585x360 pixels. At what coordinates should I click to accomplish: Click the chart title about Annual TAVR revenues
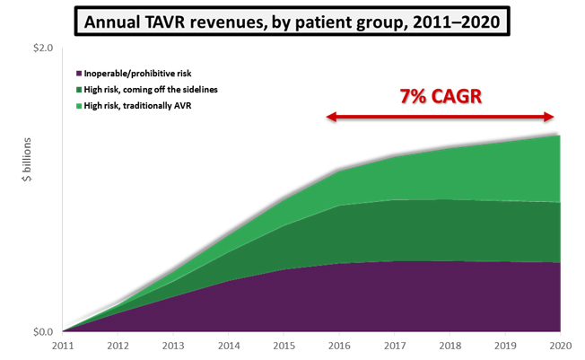point(292,19)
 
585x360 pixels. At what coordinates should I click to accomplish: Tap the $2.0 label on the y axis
point(41,47)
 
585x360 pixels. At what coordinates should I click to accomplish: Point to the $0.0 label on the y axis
point(41,332)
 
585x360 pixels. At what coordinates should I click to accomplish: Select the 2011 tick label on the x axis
point(64,347)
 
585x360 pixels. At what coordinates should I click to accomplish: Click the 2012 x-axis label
point(118,347)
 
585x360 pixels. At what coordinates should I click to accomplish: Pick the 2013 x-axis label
point(173,347)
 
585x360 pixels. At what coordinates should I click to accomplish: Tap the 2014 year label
point(229,347)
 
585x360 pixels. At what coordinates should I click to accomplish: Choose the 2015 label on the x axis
point(284,347)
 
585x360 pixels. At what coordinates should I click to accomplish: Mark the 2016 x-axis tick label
point(339,347)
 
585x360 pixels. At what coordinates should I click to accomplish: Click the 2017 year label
point(394,347)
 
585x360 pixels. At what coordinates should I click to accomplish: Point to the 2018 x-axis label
point(450,347)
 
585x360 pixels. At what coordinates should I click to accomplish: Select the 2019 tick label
point(504,347)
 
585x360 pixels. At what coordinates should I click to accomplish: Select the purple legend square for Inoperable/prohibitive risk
point(80,73)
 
